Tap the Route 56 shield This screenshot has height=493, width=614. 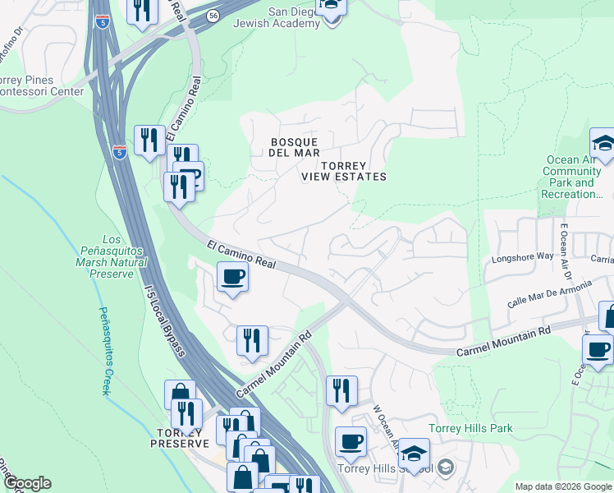pyautogui.click(x=213, y=15)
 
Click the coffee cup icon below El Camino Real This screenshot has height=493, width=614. pyautogui.click(x=232, y=277)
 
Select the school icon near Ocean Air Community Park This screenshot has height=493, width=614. pyautogui.click(x=603, y=144)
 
